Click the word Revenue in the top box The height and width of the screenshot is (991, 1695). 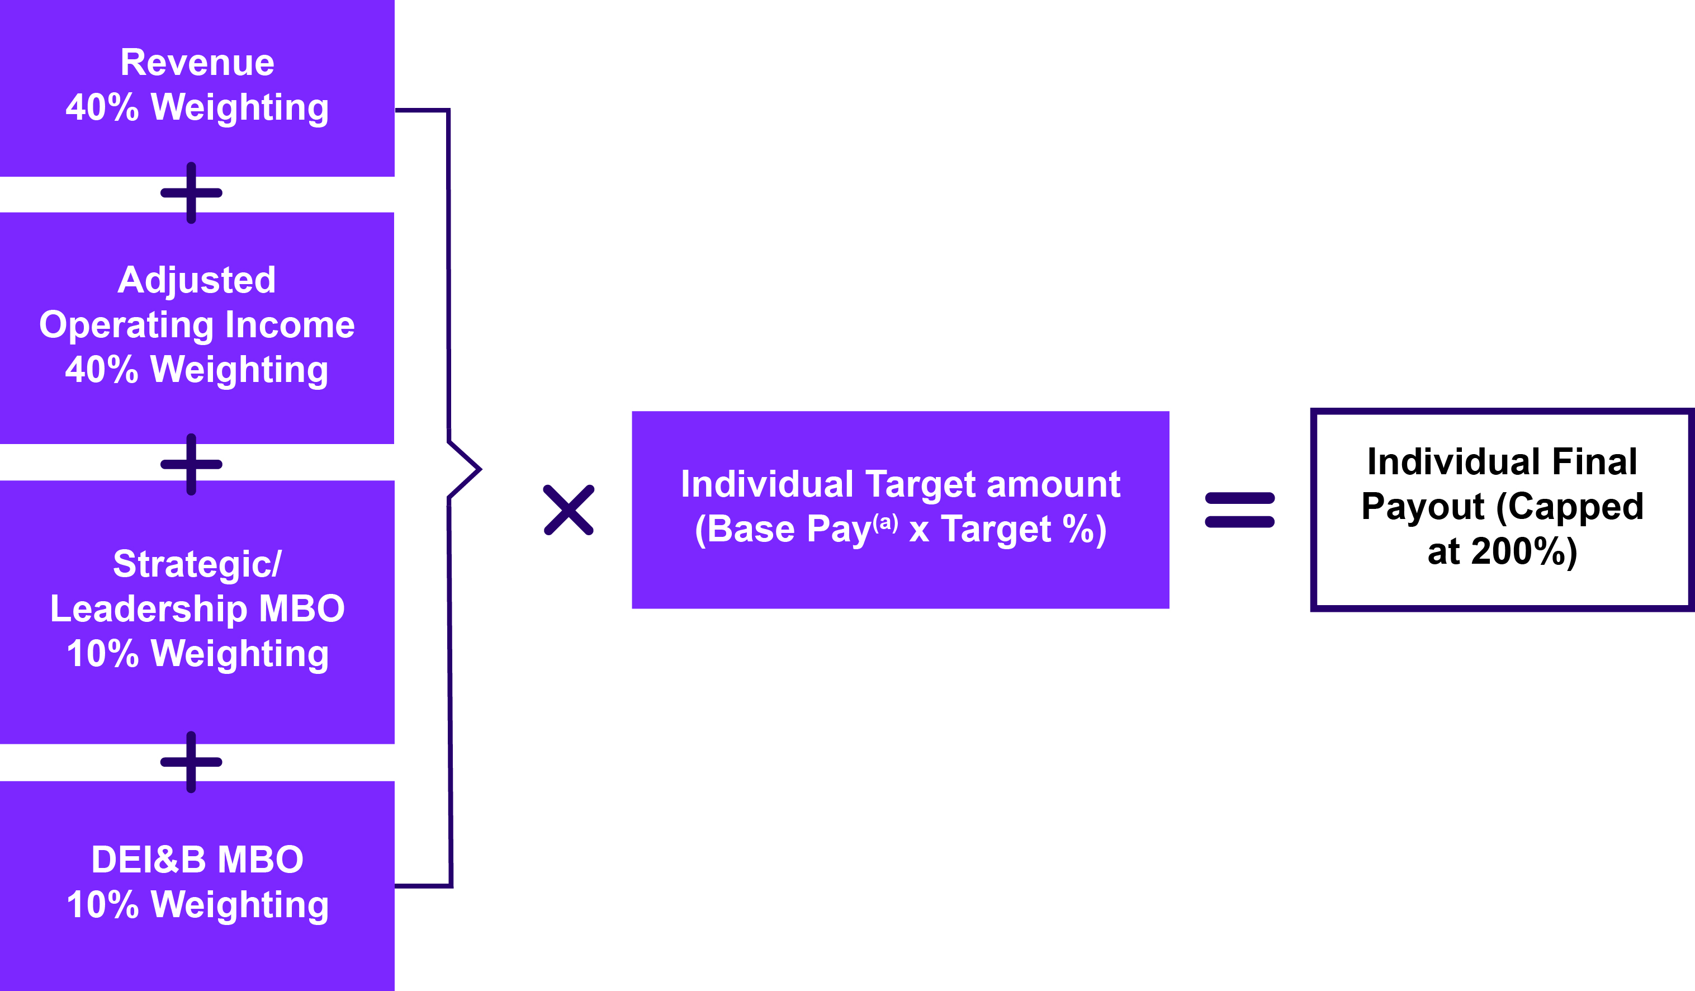click(x=197, y=63)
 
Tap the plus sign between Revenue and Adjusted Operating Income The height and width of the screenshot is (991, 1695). click(x=191, y=193)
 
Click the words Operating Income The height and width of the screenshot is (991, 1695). click(x=196, y=325)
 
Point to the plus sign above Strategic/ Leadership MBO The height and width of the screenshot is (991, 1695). click(x=191, y=464)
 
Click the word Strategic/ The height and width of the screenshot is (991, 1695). click(x=196, y=564)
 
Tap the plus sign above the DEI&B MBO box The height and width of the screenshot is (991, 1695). click(x=191, y=762)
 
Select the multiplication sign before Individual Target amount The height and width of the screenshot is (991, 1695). click(x=569, y=510)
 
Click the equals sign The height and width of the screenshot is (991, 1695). click(x=1239, y=510)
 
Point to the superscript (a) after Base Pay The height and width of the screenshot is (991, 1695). click(x=885, y=522)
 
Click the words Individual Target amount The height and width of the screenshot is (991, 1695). click(x=901, y=484)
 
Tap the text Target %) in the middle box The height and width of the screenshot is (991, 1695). click(x=1023, y=530)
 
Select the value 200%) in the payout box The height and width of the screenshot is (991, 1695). click(x=1524, y=551)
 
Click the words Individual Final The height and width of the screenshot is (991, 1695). click(x=1503, y=461)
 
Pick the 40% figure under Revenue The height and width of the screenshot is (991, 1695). click(x=102, y=107)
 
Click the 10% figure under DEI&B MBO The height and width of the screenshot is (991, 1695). click(x=102, y=904)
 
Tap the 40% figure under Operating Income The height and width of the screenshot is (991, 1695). click(x=102, y=370)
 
